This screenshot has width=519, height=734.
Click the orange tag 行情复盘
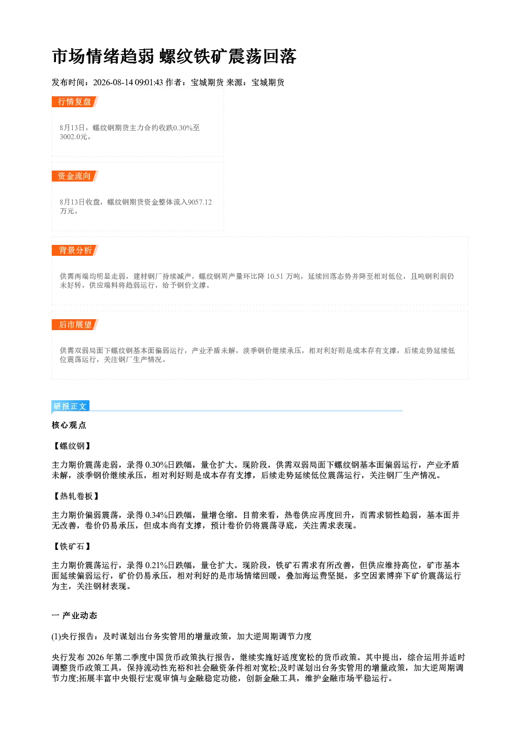pos(75,101)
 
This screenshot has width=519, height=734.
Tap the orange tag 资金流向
pos(75,176)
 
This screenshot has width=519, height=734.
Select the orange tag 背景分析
pos(75,251)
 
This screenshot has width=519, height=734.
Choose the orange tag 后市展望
pos(75,325)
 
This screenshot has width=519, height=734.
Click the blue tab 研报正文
pos(70,406)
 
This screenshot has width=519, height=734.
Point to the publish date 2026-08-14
pos(113,83)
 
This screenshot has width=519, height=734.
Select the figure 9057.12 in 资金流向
pos(200,202)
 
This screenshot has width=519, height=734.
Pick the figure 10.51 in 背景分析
pos(275,277)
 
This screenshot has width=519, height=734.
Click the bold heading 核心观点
pos(69,425)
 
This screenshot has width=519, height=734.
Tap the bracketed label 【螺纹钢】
pos(72,446)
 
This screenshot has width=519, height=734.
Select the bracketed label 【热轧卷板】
pos(76,496)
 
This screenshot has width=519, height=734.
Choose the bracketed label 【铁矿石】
pos(72,546)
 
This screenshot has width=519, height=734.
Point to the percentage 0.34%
pos(156,515)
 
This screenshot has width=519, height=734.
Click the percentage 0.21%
pos(156,565)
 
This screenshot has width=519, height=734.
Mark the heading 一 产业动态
pos(74,616)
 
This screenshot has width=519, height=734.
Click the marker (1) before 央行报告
pos(56,636)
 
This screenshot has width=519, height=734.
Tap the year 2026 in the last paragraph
pos(96,657)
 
